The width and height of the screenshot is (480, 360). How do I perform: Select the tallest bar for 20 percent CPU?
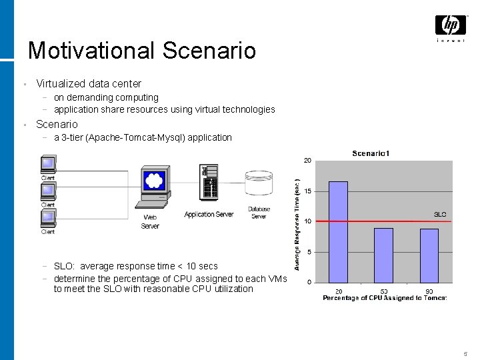(x=338, y=231)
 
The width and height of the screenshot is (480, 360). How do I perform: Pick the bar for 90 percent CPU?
(x=429, y=255)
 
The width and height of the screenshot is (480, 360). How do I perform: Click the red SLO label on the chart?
(x=440, y=215)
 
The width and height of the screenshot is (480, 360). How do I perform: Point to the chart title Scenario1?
(x=371, y=154)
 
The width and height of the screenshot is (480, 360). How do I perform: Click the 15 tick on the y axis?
(x=307, y=191)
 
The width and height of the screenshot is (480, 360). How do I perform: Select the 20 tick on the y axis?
(x=307, y=161)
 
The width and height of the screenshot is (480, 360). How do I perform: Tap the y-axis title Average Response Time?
(x=297, y=223)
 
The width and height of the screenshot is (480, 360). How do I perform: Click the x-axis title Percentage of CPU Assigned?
(x=385, y=297)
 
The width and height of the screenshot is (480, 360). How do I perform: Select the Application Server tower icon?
(x=209, y=183)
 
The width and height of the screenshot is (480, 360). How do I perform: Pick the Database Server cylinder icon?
(x=259, y=186)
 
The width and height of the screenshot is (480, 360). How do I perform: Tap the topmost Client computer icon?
(x=48, y=164)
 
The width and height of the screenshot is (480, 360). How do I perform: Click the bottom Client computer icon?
(x=48, y=218)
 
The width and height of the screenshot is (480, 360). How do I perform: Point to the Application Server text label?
(x=209, y=214)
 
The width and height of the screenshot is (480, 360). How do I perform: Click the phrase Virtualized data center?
(x=89, y=84)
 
